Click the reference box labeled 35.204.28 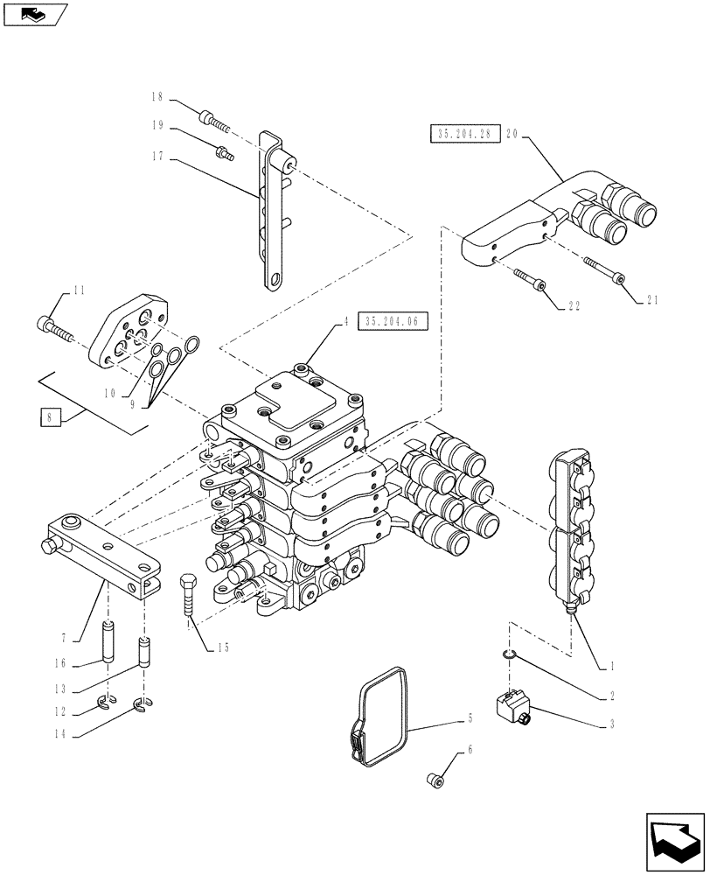point(463,133)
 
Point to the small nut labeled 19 point(224,150)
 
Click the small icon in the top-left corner point(34,13)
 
